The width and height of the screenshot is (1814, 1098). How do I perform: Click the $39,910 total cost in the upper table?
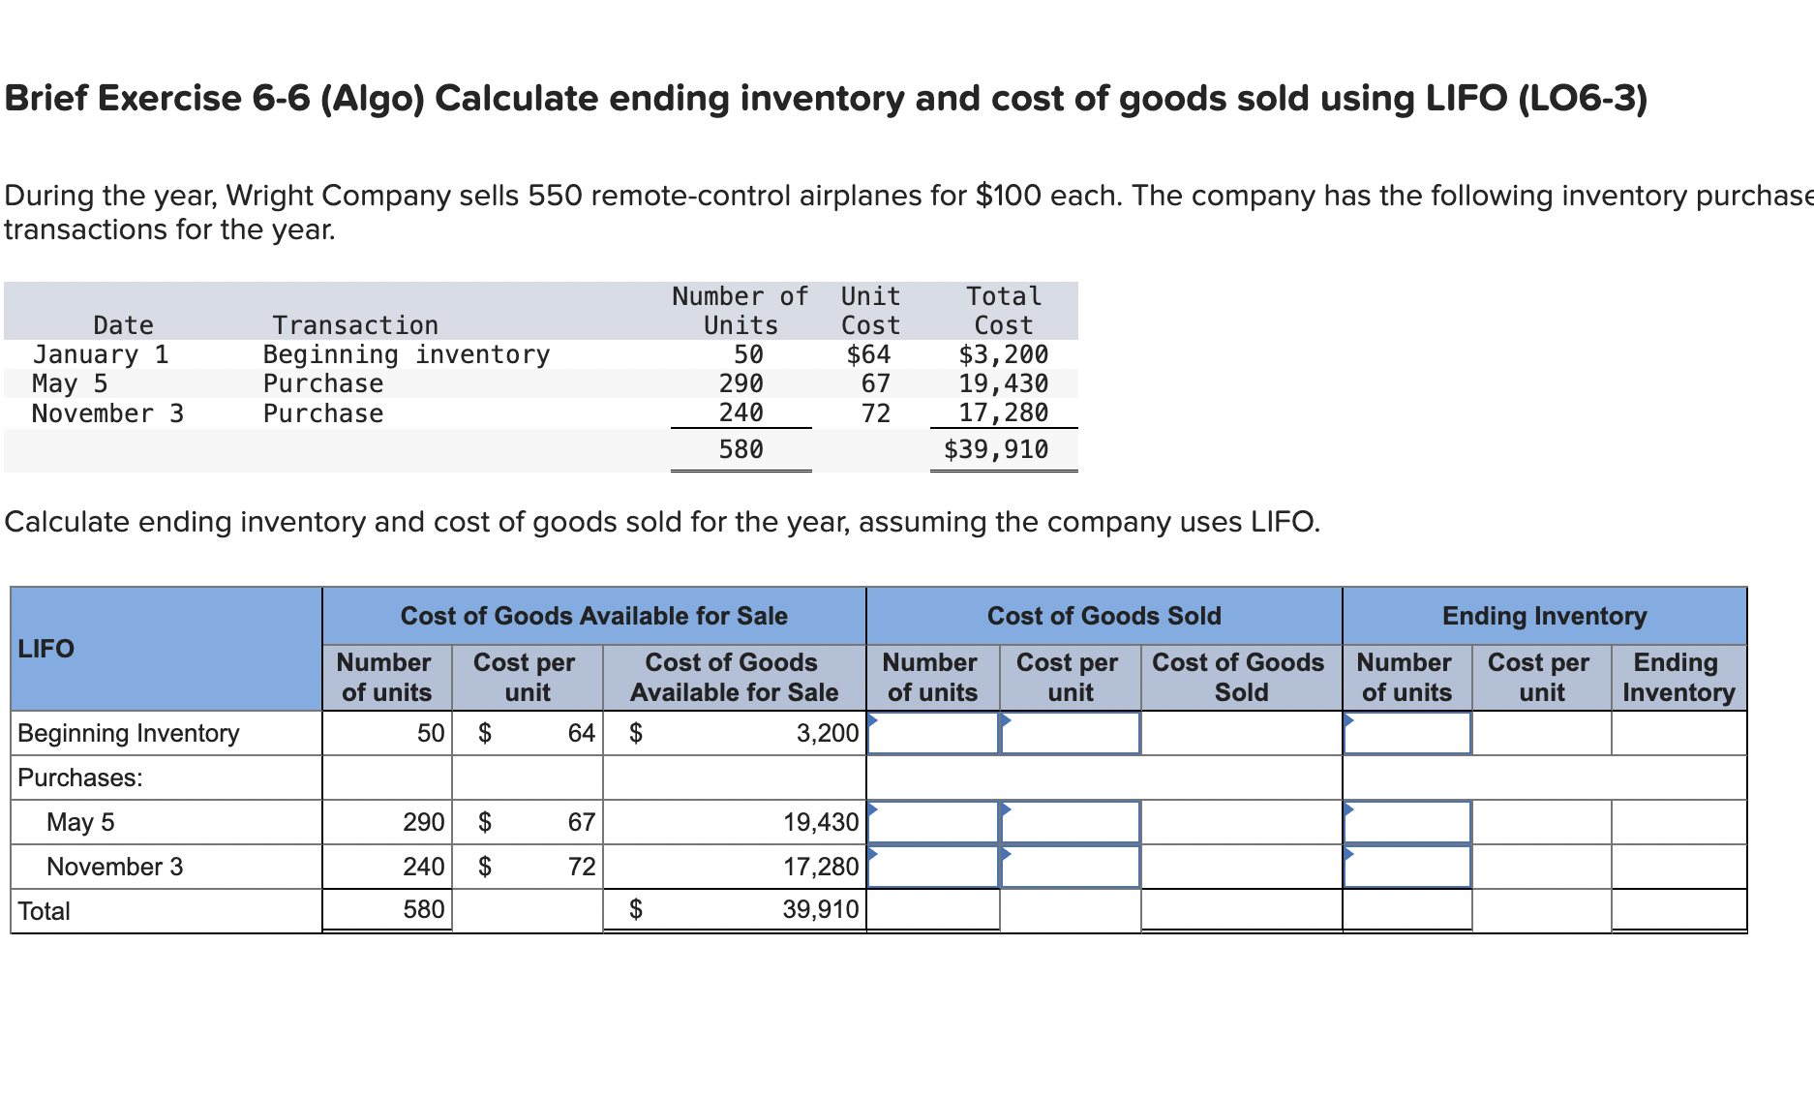click(x=996, y=449)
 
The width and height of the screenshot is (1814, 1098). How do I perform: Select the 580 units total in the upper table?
click(x=741, y=449)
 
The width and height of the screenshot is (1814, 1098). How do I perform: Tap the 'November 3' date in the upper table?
click(x=107, y=413)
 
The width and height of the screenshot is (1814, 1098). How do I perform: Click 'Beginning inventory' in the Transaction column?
click(x=406, y=354)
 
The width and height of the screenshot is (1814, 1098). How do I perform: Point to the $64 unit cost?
click(x=868, y=354)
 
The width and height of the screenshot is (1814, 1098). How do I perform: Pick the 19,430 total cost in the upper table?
click(x=1003, y=383)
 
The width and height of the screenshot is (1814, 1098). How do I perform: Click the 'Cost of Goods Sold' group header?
click(x=1104, y=616)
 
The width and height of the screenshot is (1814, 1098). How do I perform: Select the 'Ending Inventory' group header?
click(x=1544, y=616)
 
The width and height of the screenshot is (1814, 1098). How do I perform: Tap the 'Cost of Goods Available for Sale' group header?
click(x=593, y=616)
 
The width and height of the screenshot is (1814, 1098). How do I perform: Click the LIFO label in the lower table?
click(x=45, y=648)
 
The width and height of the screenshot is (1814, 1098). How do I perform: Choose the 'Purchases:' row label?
click(x=80, y=778)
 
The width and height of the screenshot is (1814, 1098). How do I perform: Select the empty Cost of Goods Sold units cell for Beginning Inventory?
click(x=933, y=733)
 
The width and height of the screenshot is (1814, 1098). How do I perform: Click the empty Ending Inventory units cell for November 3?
click(x=1407, y=867)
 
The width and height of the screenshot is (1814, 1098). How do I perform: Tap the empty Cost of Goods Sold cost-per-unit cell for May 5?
click(x=1071, y=822)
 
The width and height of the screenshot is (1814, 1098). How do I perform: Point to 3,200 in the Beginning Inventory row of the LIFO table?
click(x=827, y=733)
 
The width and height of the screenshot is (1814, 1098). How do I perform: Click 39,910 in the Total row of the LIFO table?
click(x=820, y=909)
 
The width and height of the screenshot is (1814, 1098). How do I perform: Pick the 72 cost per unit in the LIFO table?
click(x=581, y=867)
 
